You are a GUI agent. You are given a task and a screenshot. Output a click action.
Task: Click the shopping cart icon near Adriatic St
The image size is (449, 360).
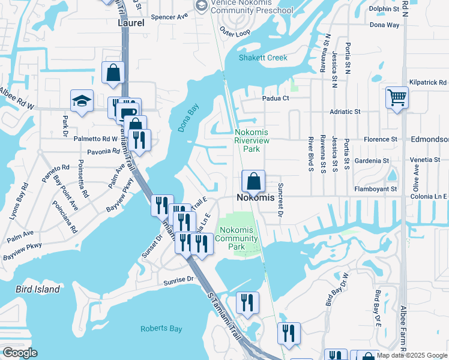coord(397,97)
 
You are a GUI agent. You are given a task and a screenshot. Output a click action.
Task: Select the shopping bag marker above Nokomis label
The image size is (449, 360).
coord(253,181)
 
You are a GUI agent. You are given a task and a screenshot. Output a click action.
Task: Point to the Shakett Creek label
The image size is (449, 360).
coord(264,58)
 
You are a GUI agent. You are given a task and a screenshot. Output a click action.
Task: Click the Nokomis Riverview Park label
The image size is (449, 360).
coord(252,140)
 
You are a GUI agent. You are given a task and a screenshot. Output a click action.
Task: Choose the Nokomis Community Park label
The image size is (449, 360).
coord(238,238)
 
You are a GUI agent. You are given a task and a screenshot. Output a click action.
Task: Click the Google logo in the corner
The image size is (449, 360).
coord(20,353)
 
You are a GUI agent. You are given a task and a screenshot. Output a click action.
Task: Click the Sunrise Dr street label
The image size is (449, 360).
coord(178,280)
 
